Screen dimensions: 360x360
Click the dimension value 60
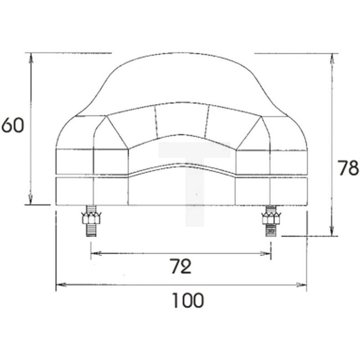pyautogui.click(x=12, y=125)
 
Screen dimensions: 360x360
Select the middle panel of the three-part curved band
pyautogui.click(x=181, y=119)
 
